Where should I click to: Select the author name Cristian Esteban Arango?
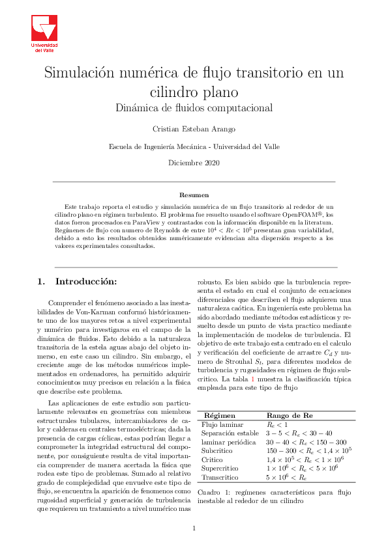click(194, 129)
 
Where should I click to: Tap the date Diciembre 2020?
click(194, 161)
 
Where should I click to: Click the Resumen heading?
click(194, 195)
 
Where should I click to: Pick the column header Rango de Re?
click(291, 415)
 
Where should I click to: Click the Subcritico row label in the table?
click(218, 450)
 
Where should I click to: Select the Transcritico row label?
click(220, 477)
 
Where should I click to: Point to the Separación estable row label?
click(230, 433)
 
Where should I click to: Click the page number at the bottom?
click(194, 528)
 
